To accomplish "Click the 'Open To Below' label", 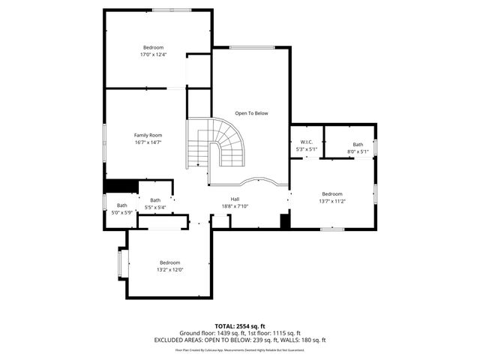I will (251, 113).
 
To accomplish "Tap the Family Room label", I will (148, 135).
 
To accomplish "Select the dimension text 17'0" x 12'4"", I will (153, 55).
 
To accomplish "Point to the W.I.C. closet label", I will (306, 142).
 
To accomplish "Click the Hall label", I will (235, 199).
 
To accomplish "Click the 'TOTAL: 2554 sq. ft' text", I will (239, 326).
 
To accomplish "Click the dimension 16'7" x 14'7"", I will (148, 142).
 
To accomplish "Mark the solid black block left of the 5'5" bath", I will (120, 187).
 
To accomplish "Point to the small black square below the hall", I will (284, 221).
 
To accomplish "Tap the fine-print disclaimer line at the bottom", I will (239, 349).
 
